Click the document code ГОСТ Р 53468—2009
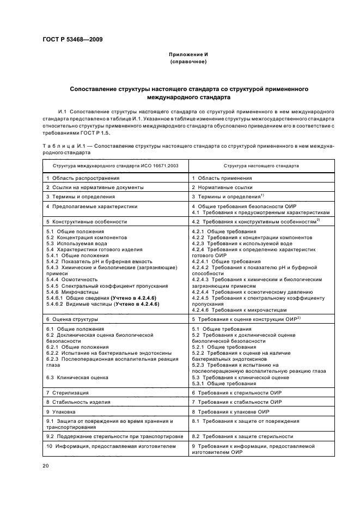pos(72,39)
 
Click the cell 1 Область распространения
pos(83,178)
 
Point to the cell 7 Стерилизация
pos(68,408)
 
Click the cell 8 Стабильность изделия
pos(78,417)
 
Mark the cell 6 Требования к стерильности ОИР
pos(236,408)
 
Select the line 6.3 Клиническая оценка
pos(77,392)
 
